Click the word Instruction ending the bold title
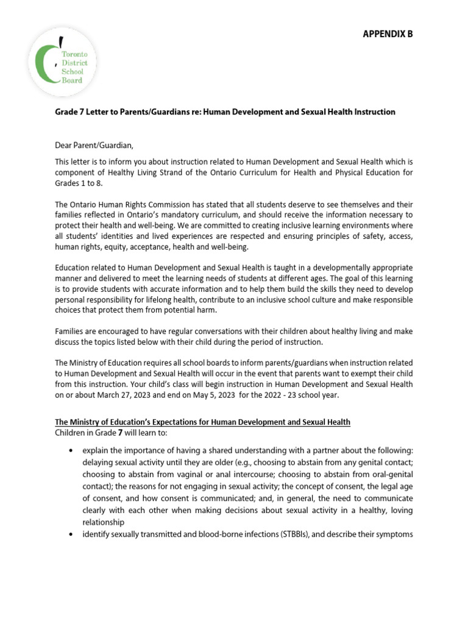pos(374,112)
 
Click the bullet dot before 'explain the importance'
pos(71,450)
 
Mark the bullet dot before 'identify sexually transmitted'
pos(71,534)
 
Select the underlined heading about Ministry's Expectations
pos(203,422)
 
